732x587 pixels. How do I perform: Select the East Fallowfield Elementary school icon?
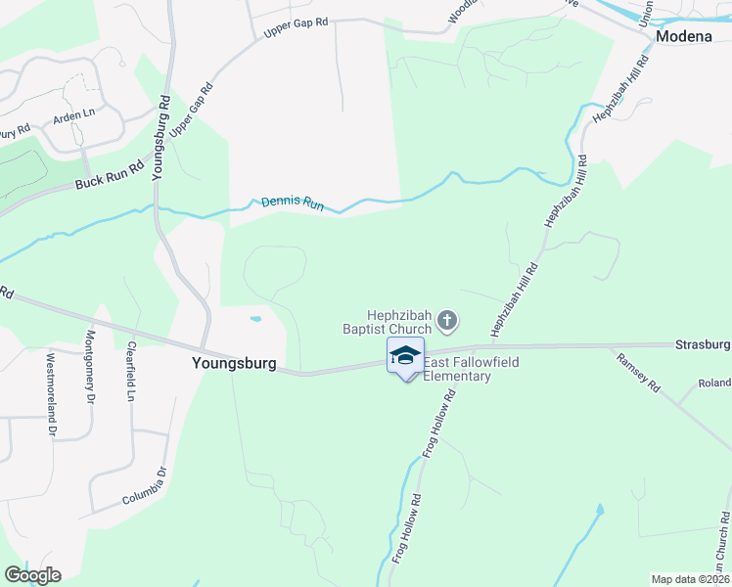click(x=405, y=355)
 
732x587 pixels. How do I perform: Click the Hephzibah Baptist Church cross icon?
click(x=447, y=319)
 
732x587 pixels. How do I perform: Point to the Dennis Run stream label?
click(x=292, y=204)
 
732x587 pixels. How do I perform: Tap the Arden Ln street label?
click(x=74, y=114)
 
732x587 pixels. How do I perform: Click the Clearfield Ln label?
click(x=129, y=375)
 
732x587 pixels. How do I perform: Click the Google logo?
click(x=32, y=575)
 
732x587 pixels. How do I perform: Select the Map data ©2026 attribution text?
click(x=690, y=579)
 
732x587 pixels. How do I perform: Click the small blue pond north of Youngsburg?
click(x=255, y=319)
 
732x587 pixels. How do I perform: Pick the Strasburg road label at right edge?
click(x=703, y=344)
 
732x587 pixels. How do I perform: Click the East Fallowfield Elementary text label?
click(x=471, y=370)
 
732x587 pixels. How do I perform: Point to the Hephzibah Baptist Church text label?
click(x=398, y=322)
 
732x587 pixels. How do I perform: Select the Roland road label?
click(x=714, y=384)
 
